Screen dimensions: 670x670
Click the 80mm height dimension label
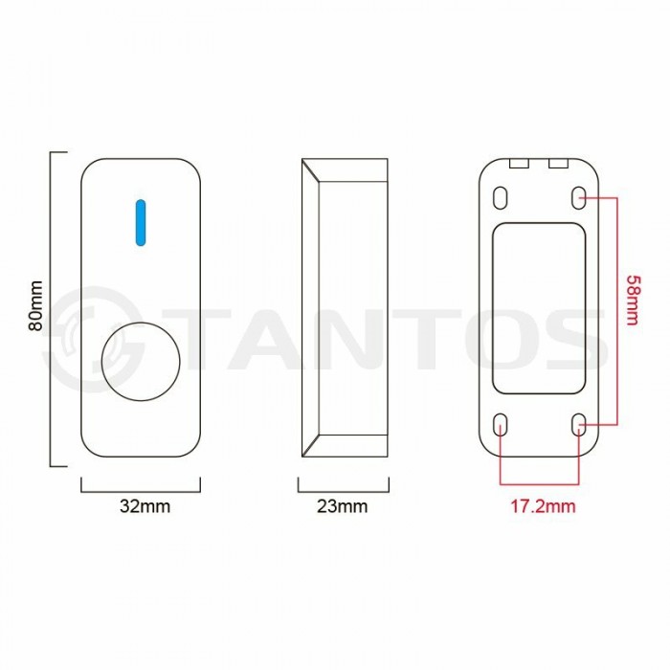click(35, 306)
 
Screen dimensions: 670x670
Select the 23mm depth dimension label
click(342, 506)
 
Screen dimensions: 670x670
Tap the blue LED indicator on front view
click(141, 221)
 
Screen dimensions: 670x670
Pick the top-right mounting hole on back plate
click(578, 196)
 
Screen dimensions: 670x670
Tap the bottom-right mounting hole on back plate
click(578, 423)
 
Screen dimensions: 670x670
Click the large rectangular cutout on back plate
click(539, 308)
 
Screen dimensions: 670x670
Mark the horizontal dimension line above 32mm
click(141, 489)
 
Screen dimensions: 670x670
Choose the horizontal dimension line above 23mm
click(342, 489)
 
